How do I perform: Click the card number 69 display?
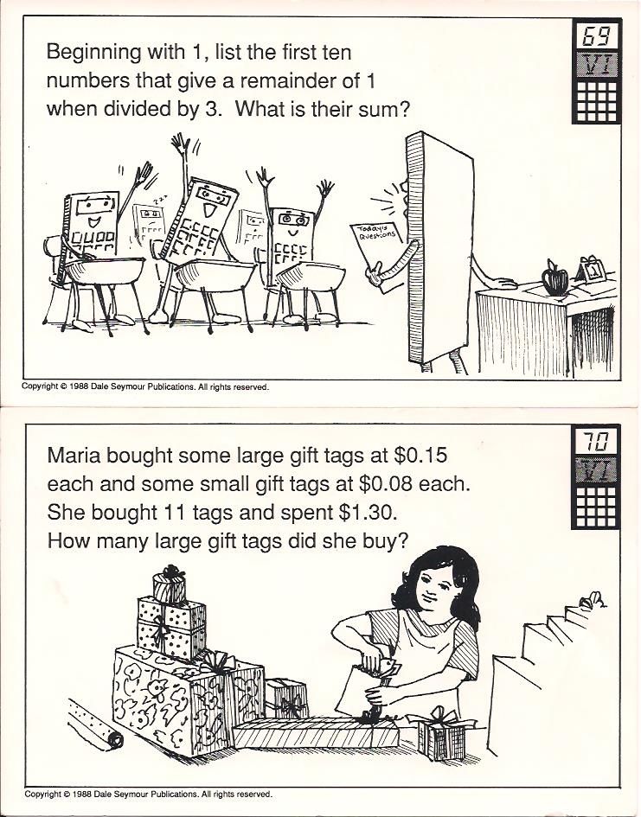point(597,36)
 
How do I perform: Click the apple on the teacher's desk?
point(555,278)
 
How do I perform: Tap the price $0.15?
point(420,456)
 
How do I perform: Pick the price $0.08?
point(385,484)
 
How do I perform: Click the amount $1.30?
point(367,513)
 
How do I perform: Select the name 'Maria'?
point(71,456)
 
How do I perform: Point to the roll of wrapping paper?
point(96,726)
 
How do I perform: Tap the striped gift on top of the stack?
point(170,585)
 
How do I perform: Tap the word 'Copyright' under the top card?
point(39,386)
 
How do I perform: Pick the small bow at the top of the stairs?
point(592,601)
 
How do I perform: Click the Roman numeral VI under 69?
point(597,65)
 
